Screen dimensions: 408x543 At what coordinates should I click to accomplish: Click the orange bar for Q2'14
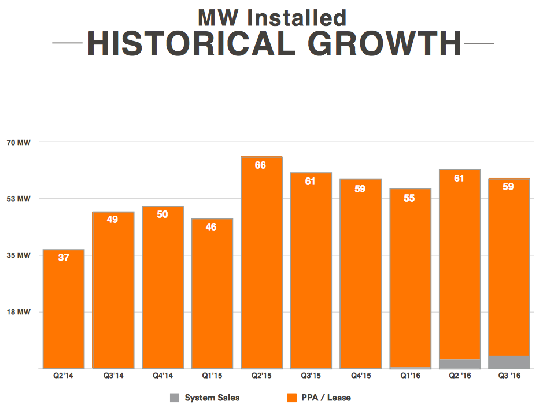tap(64, 312)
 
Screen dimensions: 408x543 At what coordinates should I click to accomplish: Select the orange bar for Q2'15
tap(261, 266)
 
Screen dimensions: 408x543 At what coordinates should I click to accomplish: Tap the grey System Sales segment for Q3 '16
tap(509, 362)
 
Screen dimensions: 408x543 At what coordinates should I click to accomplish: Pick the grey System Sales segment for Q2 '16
tap(460, 364)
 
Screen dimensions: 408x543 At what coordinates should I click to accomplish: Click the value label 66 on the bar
tap(261, 165)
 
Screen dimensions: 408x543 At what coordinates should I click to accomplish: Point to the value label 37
tap(64, 258)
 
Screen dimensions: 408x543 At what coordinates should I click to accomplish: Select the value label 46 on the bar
tap(211, 227)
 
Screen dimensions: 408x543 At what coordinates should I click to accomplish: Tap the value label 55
tap(409, 198)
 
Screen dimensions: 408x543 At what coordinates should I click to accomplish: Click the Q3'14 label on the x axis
tap(113, 376)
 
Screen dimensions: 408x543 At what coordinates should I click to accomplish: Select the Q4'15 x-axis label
tap(360, 376)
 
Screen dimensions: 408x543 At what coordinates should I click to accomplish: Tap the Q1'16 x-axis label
tap(409, 376)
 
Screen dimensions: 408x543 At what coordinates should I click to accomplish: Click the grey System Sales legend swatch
tap(175, 398)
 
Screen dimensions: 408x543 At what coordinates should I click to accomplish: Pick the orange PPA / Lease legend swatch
tap(292, 398)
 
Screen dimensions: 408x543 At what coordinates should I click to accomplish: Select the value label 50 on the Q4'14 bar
tap(162, 214)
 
